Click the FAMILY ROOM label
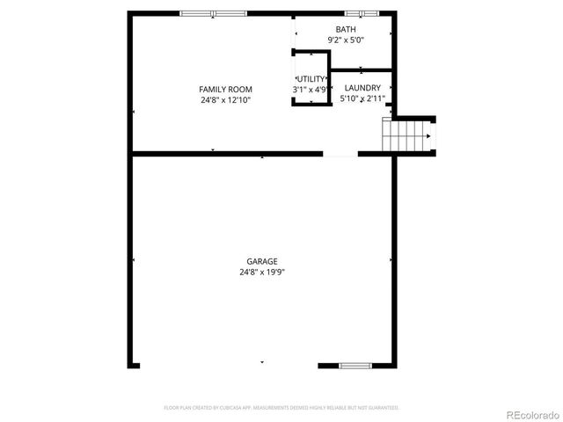225,90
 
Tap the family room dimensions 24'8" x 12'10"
225,100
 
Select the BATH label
346,30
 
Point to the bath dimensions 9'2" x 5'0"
346,40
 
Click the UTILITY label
311,79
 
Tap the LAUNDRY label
362,88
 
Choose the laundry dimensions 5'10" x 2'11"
362,99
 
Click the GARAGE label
262,261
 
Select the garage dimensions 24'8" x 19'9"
262,273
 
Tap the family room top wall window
213,13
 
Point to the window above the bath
361,13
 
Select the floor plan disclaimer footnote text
281,408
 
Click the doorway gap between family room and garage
340,154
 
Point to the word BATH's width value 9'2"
334,40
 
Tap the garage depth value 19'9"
274,273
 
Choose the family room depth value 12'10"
240,100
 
